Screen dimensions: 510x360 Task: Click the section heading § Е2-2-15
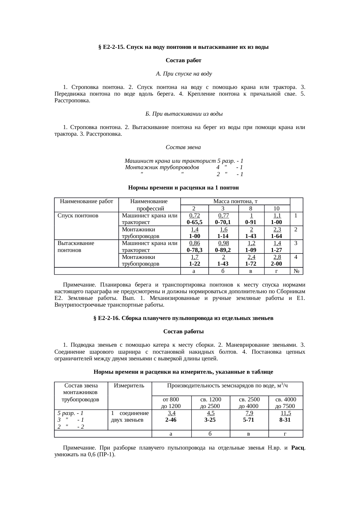183,47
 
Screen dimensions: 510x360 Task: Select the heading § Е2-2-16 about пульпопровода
183,318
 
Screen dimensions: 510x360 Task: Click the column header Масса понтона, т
235,201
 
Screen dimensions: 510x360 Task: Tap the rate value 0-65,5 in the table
195,222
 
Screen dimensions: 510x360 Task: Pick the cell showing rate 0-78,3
195,250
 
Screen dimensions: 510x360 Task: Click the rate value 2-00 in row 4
276,264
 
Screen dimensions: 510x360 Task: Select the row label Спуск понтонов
78,216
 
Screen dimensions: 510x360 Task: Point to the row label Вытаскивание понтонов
76,246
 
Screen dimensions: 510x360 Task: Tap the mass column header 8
251,208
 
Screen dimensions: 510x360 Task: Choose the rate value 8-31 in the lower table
286,420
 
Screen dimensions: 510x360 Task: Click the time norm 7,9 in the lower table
249,413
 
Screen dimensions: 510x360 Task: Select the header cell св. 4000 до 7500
286,403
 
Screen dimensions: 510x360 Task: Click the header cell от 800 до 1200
171,403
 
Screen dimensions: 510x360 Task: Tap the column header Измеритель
129,386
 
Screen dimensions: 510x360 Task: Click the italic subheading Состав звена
183,147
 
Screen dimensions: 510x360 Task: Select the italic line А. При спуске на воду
184,74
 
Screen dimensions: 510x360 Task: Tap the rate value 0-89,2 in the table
223,250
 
